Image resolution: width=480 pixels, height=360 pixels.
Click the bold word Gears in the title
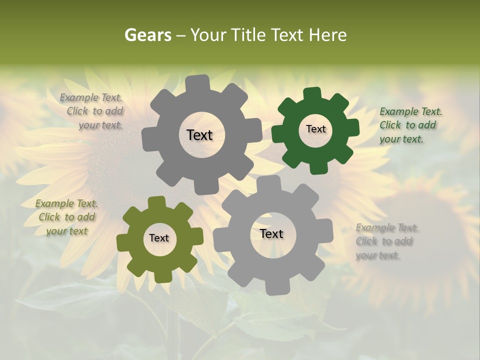click(148, 35)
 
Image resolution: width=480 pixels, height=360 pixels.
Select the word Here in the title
click(327, 35)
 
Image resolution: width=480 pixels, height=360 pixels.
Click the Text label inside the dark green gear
click(315, 129)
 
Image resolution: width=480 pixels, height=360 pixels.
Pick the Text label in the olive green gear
click(159, 238)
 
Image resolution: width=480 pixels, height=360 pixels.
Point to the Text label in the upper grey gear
click(199, 135)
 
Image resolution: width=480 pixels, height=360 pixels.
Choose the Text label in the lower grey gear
click(271, 233)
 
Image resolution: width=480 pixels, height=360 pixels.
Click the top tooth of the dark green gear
click(312, 94)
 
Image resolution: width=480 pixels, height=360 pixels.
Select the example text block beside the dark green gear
click(408, 125)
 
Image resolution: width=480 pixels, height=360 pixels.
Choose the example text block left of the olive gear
click(67, 217)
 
